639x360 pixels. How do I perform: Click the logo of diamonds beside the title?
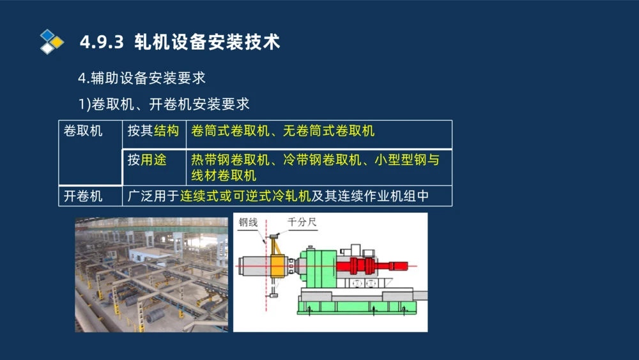coord(52,42)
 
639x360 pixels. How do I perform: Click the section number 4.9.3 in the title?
coord(102,42)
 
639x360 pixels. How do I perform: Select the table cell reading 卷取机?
coord(83,131)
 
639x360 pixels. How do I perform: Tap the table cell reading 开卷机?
coord(83,196)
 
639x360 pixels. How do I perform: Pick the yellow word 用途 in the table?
coord(153,160)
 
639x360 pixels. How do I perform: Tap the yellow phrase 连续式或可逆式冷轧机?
coord(245,196)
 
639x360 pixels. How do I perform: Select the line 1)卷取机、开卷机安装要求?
coord(164,103)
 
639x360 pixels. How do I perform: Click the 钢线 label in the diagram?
coord(248,223)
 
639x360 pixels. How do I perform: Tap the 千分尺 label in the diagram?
coord(302,223)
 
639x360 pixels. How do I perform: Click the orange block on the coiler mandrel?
coord(279,265)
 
